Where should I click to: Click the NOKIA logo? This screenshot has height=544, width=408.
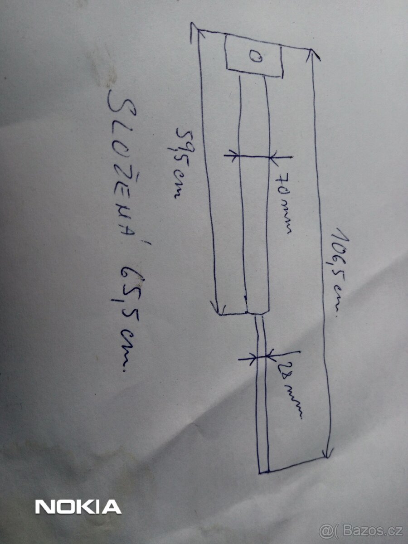click(78, 506)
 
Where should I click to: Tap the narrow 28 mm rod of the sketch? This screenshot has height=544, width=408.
click(262, 394)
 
